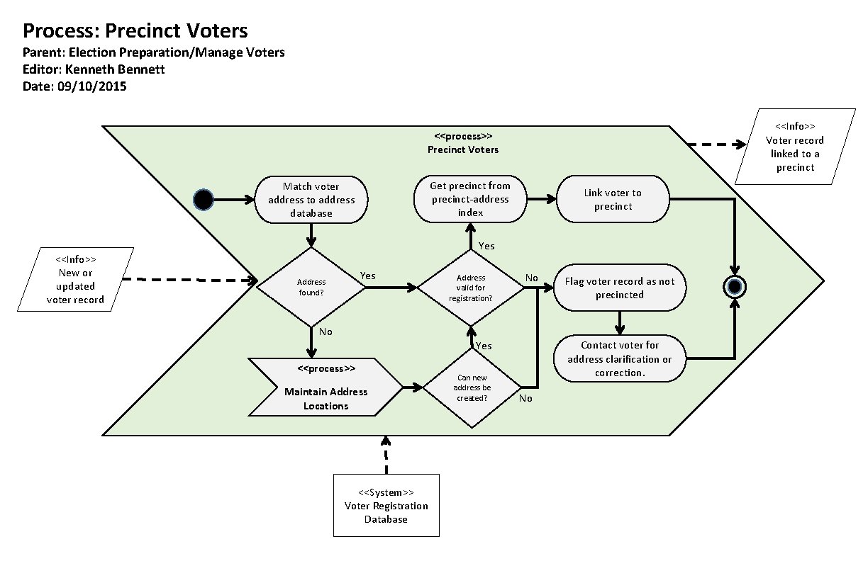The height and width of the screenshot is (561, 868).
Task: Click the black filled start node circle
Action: [x=204, y=200]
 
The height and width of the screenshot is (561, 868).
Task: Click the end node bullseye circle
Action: [x=734, y=287]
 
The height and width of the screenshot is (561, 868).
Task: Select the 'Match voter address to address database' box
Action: [x=311, y=200]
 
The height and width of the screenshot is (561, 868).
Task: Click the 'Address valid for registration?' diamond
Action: [x=470, y=288]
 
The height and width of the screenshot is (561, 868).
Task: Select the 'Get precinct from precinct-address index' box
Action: [x=469, y=199]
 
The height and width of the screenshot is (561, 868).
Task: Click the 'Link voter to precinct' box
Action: [x=612, y=199]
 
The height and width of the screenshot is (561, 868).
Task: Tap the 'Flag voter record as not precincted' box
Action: [x=619, y=288]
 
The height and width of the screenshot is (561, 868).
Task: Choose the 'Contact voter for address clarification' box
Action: [x=619, y=358]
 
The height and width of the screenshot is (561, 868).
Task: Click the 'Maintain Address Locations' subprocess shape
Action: [x=325, y=387]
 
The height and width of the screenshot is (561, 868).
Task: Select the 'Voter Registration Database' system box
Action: [x=386, y=505]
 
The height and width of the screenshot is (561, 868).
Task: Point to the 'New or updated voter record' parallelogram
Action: [x=75, y=280]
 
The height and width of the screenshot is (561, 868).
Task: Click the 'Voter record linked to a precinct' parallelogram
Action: [x=795, y=147]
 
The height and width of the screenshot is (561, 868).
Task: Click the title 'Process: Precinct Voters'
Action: [x=135, y=31]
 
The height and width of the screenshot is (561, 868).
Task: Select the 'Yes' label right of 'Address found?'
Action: [x=368, y=275]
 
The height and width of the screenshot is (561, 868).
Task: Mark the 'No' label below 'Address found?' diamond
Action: [x=325, y=331]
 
